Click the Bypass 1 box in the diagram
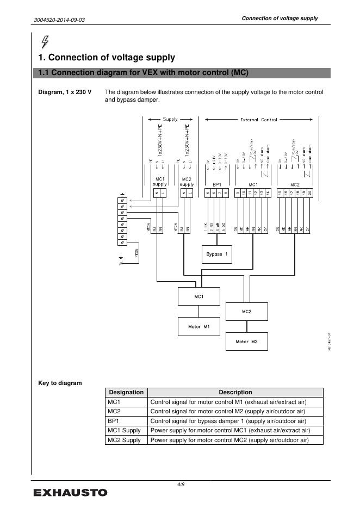coord(218,254)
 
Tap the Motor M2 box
coord(246,342)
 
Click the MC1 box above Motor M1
coord(199,296)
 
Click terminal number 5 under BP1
coord(208,193)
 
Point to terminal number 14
coord(267,193)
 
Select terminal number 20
coord(309,193)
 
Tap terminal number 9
coord(238,193)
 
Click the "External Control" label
coord(258,120)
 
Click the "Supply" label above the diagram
coord(170,119)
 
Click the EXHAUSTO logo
coord(71,493)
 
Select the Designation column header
coord(126,392)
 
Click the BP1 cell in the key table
coord(114,421)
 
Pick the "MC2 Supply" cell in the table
coord(125,440)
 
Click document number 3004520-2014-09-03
coord(59,20)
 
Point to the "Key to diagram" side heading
coord(60,383)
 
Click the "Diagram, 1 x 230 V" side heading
coord(65,92)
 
